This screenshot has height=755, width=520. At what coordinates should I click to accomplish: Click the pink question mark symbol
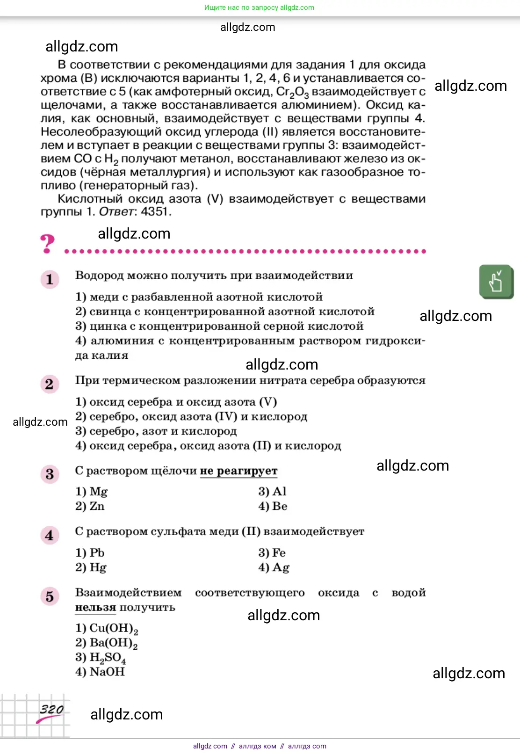point(47,244)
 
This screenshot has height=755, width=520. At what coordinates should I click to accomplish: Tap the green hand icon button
point(496,282)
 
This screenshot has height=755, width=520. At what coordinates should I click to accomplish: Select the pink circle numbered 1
point(50,280)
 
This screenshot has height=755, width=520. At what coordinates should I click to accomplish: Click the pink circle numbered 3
point(50,474)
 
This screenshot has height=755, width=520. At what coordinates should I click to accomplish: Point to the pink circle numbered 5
point(50,596)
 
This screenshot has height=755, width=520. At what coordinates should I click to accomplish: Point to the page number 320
point(51,710)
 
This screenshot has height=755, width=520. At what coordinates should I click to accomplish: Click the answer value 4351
point(154,211)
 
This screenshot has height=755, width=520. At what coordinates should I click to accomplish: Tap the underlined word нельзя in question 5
point(95,607)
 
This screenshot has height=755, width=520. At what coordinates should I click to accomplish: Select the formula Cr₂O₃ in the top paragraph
point(292,92)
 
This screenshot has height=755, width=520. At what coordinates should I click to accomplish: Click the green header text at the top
point(259,7)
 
